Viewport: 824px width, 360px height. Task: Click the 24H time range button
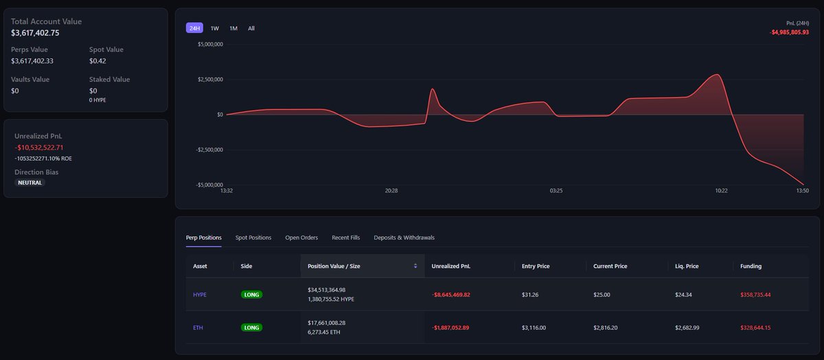click(194, 28)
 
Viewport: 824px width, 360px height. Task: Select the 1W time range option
click(215, 28)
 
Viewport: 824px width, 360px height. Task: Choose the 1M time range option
click(233, 28)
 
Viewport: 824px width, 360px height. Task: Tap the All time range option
click(251, 28)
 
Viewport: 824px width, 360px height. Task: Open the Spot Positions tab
click(253, 238)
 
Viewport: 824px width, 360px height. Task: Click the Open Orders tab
click(301, 238)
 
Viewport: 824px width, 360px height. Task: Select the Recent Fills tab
click(345, 238)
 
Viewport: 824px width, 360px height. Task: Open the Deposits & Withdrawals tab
click(404, 238)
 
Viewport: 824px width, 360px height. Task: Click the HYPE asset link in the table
click(200, 295)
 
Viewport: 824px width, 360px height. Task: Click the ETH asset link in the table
click(198, 328)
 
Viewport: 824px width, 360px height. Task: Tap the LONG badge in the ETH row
click(252, 328)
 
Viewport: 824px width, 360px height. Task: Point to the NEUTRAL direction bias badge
click(30, 183)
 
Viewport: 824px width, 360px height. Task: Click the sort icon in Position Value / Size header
click(415, 266)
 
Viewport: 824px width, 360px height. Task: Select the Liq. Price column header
click(687, 266)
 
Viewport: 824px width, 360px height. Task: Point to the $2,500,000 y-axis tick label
click(209, 80)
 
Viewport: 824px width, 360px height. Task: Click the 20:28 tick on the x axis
click(391, 190)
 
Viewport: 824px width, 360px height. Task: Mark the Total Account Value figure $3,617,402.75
click(45, 33)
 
